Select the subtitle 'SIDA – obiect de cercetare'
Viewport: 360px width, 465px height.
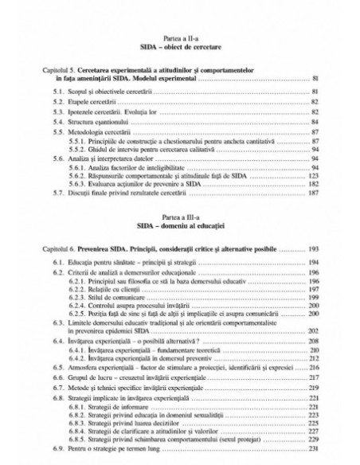point(180,49)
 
